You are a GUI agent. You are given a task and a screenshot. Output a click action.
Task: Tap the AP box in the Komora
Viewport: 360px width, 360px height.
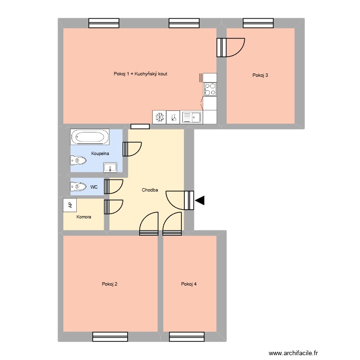(70, 205)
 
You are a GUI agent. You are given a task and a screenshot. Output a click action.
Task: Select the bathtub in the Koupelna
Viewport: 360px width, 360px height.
(90, 137)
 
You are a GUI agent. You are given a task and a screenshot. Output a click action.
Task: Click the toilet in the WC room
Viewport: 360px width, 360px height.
(78, 187)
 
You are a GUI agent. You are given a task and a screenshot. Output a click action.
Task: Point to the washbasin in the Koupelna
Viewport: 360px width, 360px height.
(110, 168)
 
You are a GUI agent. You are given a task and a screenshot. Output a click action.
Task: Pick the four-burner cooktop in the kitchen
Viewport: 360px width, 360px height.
(210, 89)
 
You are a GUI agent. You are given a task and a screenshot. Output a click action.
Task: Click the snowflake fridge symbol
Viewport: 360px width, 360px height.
(159, 117)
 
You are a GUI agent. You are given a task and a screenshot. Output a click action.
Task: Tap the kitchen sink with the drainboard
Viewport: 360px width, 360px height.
(192, 117)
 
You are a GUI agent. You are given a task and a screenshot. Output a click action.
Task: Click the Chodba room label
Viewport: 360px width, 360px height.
(150, 190)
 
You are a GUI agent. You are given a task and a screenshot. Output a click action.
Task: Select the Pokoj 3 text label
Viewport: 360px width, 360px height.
(260, 75)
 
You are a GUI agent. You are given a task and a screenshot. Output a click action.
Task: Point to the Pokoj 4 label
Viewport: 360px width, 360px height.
(189, 284)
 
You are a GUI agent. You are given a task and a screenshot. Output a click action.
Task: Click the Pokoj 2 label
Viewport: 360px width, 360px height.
(110, 284)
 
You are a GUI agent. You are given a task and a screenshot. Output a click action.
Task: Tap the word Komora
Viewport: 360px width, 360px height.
(84, 217)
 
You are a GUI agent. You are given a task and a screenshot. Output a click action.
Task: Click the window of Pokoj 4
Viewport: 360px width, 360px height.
(187, 336)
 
